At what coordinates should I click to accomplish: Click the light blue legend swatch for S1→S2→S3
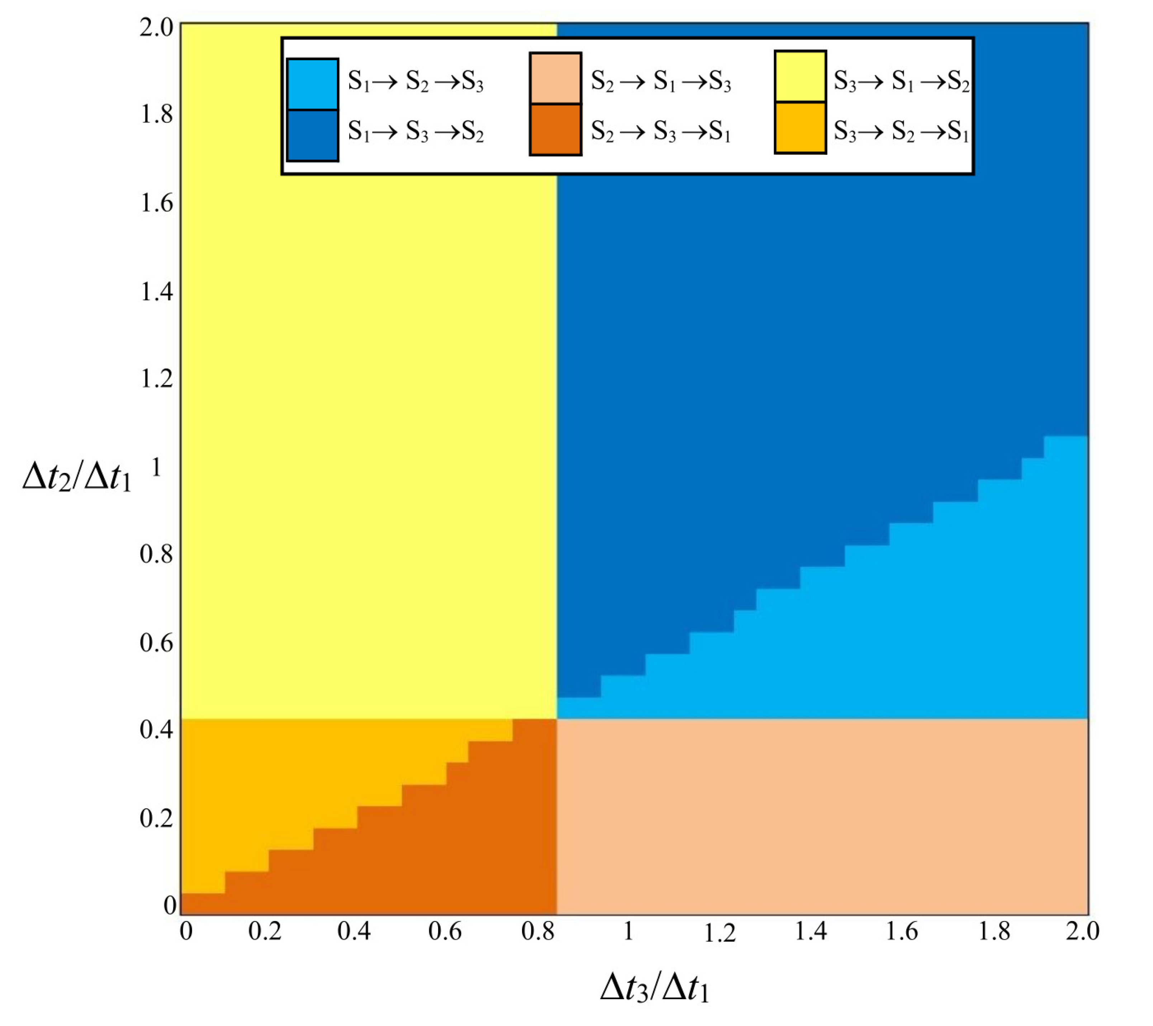pos(313,83)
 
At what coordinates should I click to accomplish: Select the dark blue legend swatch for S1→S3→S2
pos(313,135)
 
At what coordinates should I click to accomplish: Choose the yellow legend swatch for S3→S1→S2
pos(800,77)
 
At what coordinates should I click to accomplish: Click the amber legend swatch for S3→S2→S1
pos(800,128)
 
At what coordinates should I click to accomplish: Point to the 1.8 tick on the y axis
pos(156,114)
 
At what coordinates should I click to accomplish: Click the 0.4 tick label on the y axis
pos(156,730)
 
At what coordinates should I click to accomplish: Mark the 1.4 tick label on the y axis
pos(156,292)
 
